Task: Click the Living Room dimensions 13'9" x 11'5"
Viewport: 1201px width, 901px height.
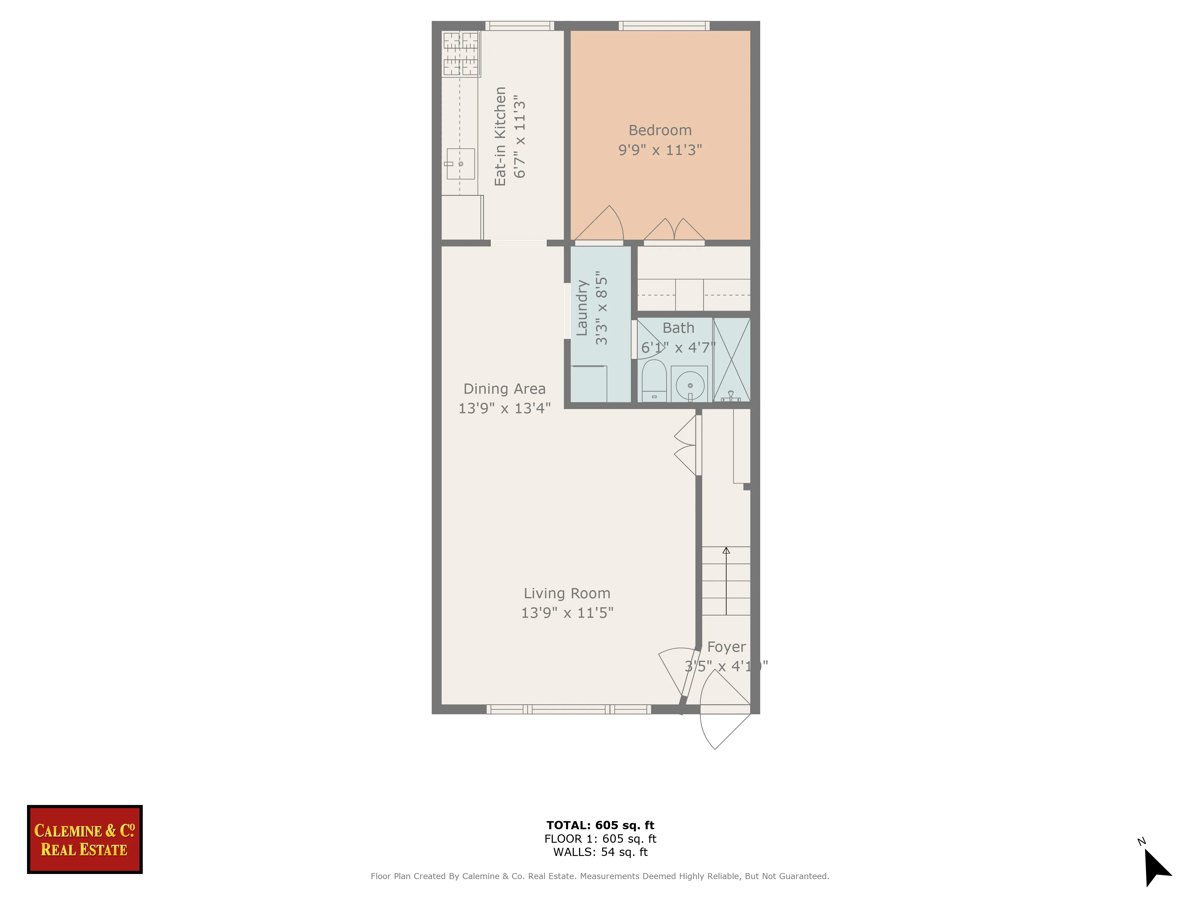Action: (567, 613)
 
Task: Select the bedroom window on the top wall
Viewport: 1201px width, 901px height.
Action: (664, 26)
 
